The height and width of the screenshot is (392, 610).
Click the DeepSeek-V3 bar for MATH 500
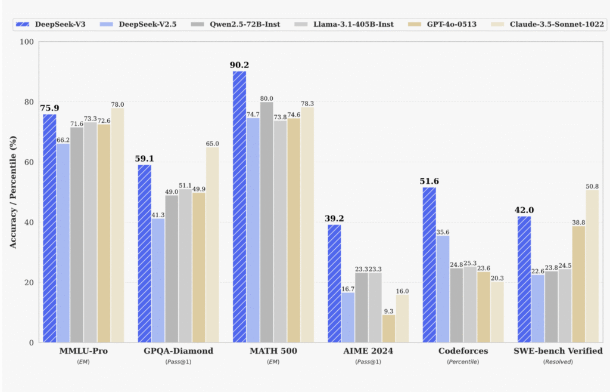239,206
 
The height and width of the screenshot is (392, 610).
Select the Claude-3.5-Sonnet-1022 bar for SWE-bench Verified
592,266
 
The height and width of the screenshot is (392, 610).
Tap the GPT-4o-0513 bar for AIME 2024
388,328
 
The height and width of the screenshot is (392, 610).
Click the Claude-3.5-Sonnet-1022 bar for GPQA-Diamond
212,245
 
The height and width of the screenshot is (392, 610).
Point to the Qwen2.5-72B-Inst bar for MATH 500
266,222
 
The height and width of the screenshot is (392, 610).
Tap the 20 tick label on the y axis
29,283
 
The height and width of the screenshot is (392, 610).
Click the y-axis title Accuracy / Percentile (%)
13,192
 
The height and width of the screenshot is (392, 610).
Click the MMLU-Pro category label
83,351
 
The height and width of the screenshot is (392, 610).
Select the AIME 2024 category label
368,351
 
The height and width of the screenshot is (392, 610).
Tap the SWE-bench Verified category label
558,351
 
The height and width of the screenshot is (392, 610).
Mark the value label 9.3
388,310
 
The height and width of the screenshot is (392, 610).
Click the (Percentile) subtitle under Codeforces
463,362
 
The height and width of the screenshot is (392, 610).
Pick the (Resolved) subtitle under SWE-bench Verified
558,362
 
